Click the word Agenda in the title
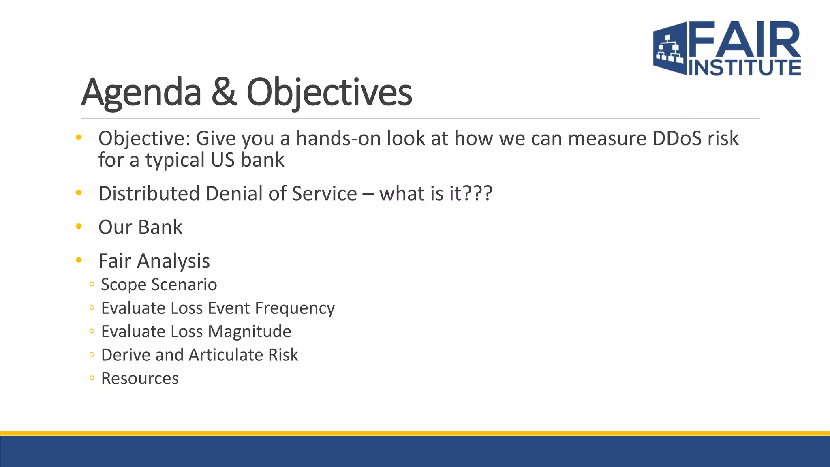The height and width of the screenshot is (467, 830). (x=141, y=93)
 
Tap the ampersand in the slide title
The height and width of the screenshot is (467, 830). (x=223, y=92)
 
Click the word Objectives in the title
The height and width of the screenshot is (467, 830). (x=329, y=93)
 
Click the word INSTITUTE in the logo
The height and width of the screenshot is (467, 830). (x=745, y=67)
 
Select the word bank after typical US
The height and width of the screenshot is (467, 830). (x=262, y=160)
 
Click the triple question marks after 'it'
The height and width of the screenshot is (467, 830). (x=478, y=194)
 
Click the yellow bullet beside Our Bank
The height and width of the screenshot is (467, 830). (x=79, y=226)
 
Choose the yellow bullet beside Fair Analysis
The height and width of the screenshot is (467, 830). (x=79, y=260)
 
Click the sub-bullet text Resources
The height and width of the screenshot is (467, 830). (x=140, y=379)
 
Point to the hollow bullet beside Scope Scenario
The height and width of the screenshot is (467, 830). (x=92, y=285)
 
